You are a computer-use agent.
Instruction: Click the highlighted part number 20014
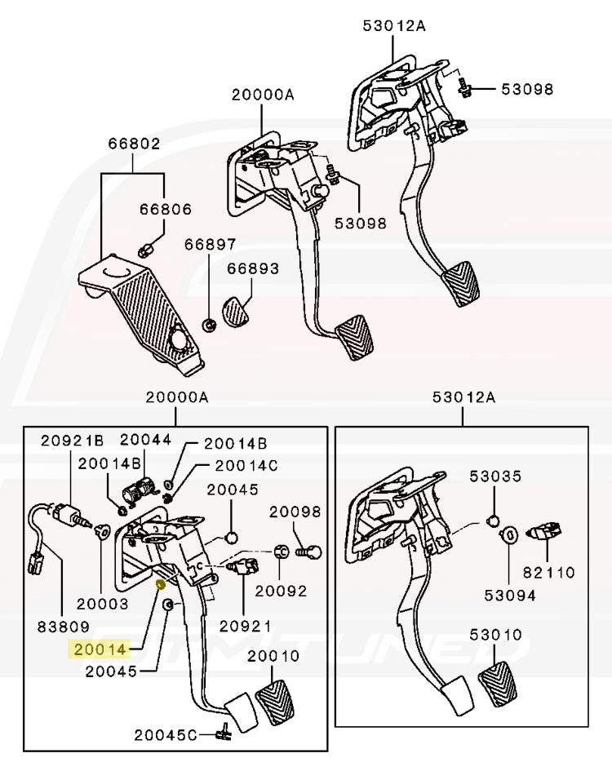click(x=100, y=649)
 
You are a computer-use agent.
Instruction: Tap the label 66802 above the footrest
click(x=134, y=144)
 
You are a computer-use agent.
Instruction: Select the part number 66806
click(x=165, y=210)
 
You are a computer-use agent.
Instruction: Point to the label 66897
click(x=210, y=244)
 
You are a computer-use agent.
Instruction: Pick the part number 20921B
click(x=73, y=441)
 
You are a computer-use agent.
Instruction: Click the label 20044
click(x=146, y=439)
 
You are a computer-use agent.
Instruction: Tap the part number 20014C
click(x=246, y=465)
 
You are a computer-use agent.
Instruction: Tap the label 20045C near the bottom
click(x=166, y=734)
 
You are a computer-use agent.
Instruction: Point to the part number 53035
click(x=495, y=475)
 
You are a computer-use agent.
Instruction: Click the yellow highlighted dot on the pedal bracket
click(x=161, y=584)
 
